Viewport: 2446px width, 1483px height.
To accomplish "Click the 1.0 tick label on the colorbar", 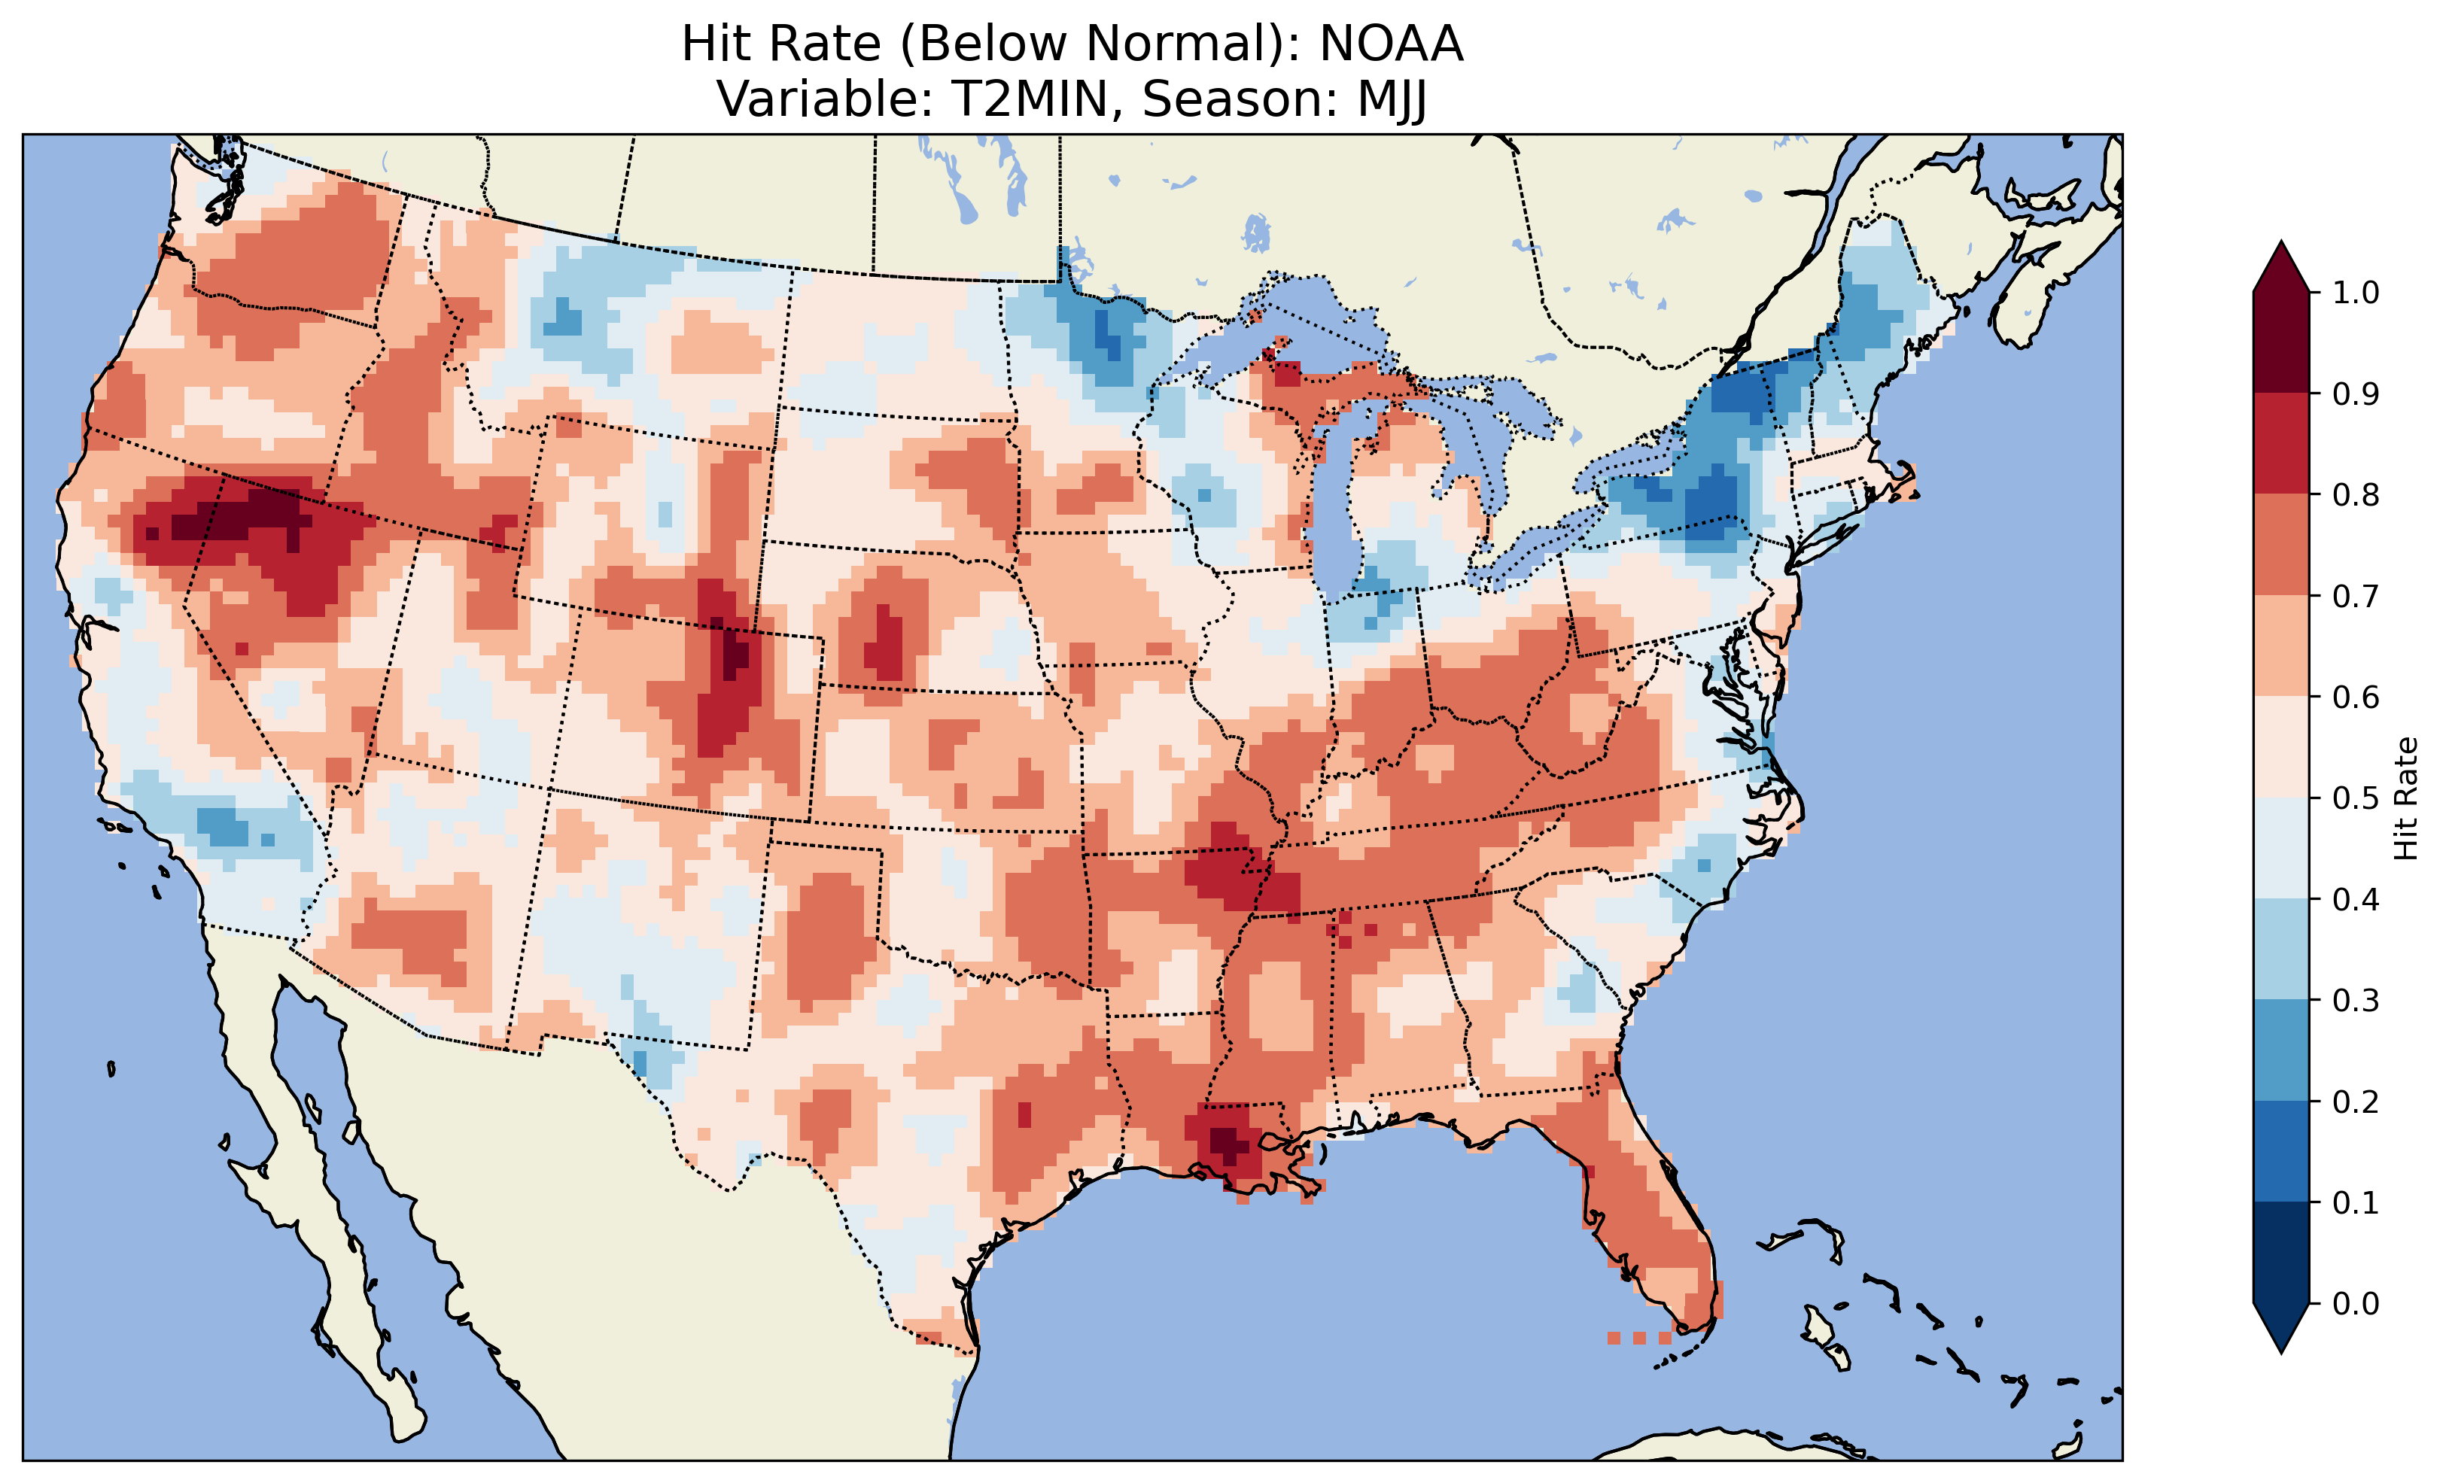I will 2355,293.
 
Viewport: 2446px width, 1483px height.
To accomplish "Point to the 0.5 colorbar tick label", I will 2355,798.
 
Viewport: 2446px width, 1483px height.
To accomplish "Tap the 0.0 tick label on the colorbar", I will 2355,1303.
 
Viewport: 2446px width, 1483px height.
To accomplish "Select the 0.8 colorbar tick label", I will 2355,494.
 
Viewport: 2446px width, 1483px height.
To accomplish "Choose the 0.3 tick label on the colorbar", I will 2355,1001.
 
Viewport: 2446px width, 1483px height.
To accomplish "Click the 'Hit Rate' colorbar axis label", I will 2405,798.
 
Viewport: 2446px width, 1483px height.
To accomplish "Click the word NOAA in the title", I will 1391,44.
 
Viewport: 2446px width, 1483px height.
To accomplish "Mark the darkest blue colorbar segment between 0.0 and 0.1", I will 2281,1253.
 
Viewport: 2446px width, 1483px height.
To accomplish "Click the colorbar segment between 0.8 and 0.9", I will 2281,444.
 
